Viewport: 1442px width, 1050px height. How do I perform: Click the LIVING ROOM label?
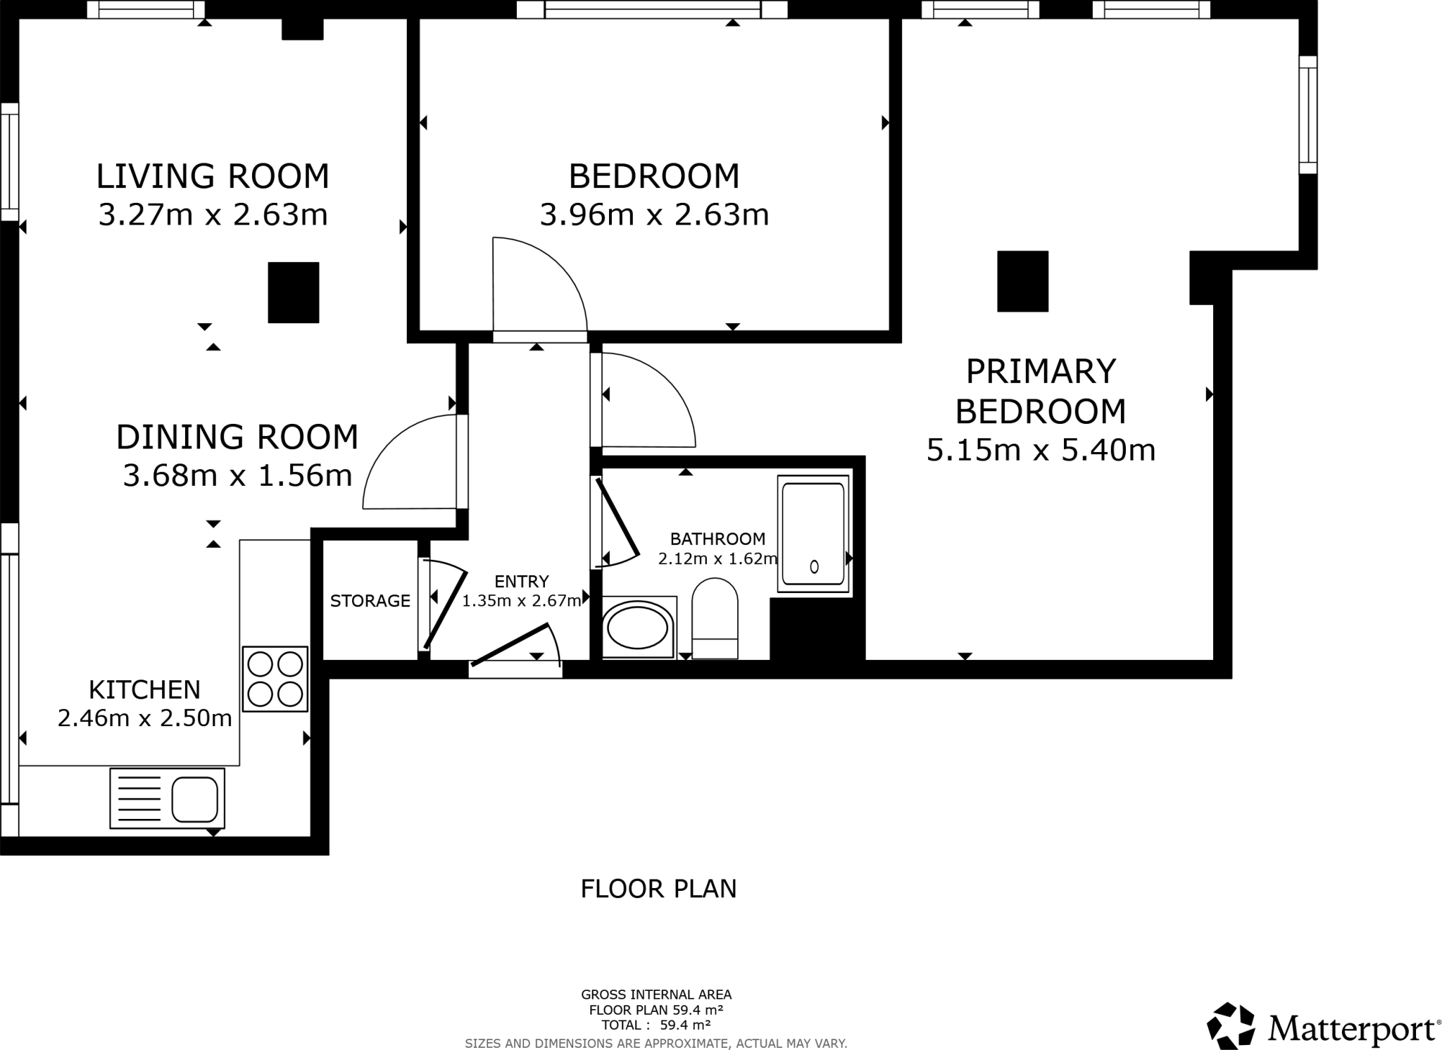[213, 176]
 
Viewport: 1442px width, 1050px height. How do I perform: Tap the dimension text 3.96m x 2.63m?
[654, 215]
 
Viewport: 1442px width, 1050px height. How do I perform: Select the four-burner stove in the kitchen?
[275, 679]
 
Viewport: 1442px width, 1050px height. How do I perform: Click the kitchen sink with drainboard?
[168, 798]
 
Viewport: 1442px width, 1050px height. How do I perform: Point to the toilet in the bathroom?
[715, 618]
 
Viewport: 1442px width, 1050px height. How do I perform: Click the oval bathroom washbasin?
[638, 625]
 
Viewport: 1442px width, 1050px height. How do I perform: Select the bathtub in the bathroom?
[813, 534]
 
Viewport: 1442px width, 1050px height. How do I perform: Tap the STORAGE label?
[370, 601]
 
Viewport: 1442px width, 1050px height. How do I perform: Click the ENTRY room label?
[521, 582]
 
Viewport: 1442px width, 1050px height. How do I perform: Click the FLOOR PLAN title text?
[658, 889]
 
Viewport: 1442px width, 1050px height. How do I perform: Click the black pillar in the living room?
[294, 292]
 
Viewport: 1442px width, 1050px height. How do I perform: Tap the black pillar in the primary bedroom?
[1022, 281]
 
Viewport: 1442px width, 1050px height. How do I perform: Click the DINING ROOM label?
[237, 437]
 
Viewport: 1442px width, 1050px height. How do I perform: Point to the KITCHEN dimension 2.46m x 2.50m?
[144, 718]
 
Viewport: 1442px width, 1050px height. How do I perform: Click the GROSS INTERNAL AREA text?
[656, 995]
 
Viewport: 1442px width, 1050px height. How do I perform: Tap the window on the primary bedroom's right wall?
[1308, 115]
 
